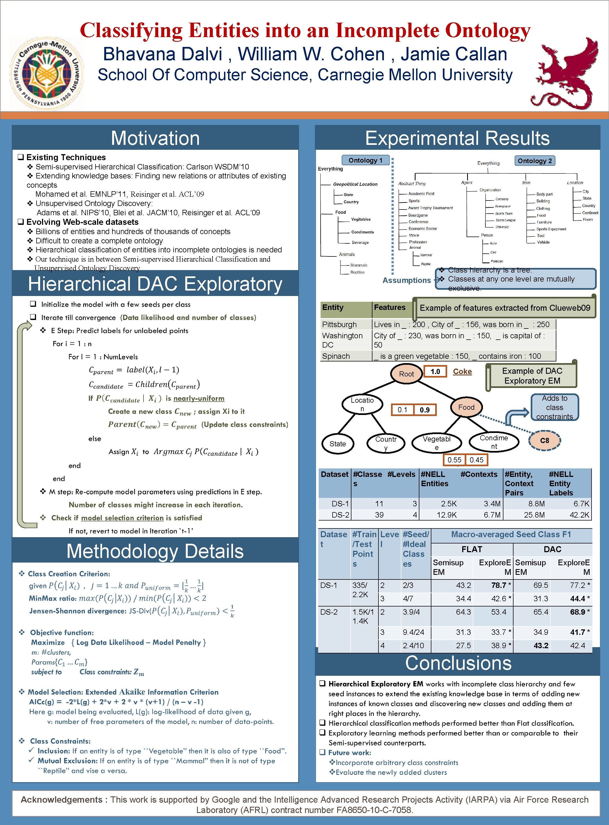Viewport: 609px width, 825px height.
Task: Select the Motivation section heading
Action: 155,138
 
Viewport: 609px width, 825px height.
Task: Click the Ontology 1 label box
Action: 365,160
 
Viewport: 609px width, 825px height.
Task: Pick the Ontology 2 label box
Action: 535,161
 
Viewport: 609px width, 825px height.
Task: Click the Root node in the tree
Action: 406,374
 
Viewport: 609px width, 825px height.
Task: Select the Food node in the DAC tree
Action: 466,407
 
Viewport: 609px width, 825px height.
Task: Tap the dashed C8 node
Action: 545,440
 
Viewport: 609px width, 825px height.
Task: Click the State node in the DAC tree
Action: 338,444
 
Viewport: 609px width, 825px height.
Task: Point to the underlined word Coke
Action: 462,372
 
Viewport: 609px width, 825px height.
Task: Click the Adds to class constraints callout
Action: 554,407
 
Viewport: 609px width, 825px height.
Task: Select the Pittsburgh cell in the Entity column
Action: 339,324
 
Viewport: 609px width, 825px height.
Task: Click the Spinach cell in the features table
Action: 336,356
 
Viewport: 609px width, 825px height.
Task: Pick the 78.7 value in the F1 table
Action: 499,585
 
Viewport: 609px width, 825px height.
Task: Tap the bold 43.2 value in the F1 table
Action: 541,646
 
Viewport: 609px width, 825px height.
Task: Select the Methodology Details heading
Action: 155,551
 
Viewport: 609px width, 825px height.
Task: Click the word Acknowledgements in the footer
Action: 61,800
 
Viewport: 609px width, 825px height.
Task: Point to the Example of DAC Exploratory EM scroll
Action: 532,376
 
